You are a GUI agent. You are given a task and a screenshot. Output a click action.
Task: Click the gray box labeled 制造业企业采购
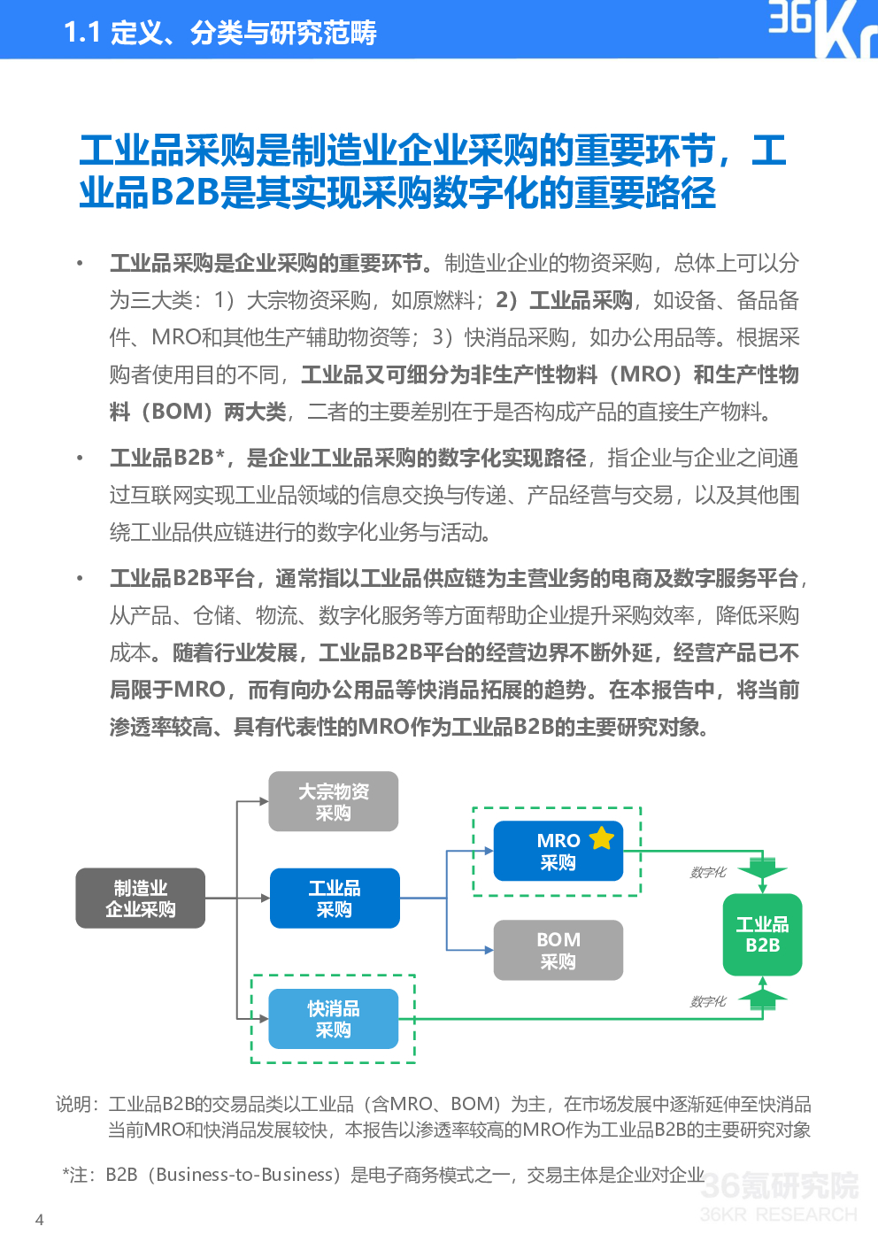pyautogui.click(x=140, y=899)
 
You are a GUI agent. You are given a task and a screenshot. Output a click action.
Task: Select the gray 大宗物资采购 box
pyautogui.click(x=333, y=802)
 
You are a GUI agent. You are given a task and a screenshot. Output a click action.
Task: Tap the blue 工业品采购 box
pyautogui.click(x=335, y=899)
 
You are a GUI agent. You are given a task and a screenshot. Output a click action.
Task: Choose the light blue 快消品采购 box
pyautogui.click(x=333, y=1019)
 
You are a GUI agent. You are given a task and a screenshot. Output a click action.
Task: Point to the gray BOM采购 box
pyautogui.click(x=558, y=951)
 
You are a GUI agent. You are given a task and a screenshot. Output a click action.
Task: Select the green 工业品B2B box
pyautogui.click(x=762, y=935)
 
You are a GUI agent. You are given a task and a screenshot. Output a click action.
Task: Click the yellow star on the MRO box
pyautogui.click(x=602, y=837)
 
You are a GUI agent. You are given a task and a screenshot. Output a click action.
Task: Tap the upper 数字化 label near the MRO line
pyautogui.click(x=708, y=873)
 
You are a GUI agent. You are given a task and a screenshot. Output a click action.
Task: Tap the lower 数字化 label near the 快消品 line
pyautogui.click(x=708, y=1002)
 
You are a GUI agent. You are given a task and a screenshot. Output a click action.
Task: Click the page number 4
pyautogui.click(x=39, y=1220)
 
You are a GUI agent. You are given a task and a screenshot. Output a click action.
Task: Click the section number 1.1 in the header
pyautogui.click(x=81, y=34)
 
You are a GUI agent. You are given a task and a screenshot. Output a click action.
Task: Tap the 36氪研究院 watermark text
pyautogui.click(x=779, y=1185)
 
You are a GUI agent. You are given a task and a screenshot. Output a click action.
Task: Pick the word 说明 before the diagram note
pyautogui.click(x=74, y=1104)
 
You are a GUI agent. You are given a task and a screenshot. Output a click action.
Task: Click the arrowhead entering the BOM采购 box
pyautogui.click(x=489, y=951)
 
